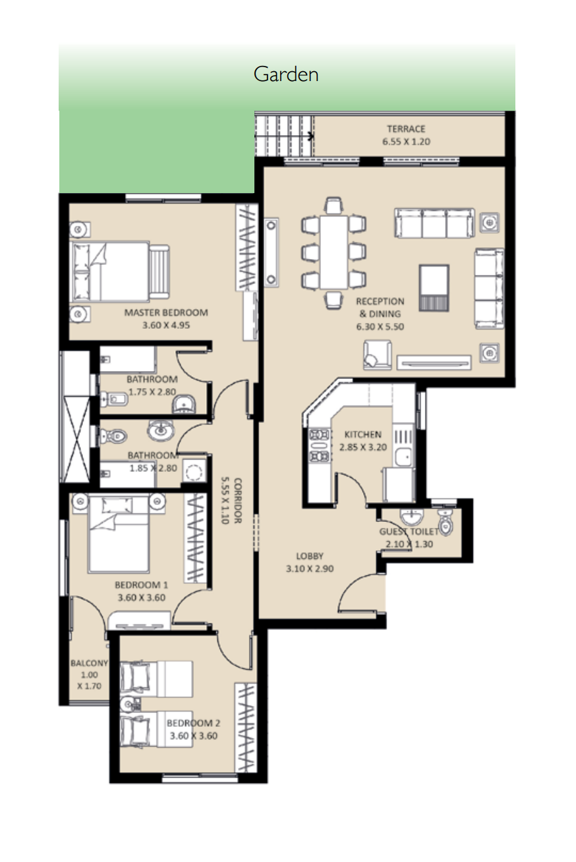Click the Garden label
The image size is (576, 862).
pyautogui.click(x=286, y=74)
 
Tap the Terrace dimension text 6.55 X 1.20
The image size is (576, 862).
pyautogui.click(x=406, y=142)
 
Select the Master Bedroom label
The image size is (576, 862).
pyautogui.click(x=166, y=312)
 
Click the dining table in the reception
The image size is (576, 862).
pyautogui.click(x=333, y=252)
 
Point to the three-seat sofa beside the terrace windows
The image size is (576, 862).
pyautogui.click(x=434, y=223)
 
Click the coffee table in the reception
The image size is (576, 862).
pyautogui.click(x=434, y=287)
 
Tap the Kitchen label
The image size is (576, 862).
pyautogui.click(x=363, y=434)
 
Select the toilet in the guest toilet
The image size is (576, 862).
pyautogui.click(x=446, y=522)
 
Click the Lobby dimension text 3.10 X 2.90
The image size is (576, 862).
pyautogui.click(x=310, y=568)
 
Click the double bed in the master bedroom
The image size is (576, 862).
pyautogui.click(x=120, y=272)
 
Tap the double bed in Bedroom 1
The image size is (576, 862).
pyautogui.click(x=119, y=533)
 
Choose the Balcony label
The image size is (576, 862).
pyautogui.click(x=89, y=663)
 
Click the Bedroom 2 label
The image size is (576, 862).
pyautogui.click(x=193, y=723)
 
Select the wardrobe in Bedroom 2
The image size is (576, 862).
pyautogui.click(x=246, y=728)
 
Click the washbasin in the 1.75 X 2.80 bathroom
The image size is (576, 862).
pyautogui.click(x=184, y=404)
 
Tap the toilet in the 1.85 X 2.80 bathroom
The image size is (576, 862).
pyautogui.click(x=113, y=436)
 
